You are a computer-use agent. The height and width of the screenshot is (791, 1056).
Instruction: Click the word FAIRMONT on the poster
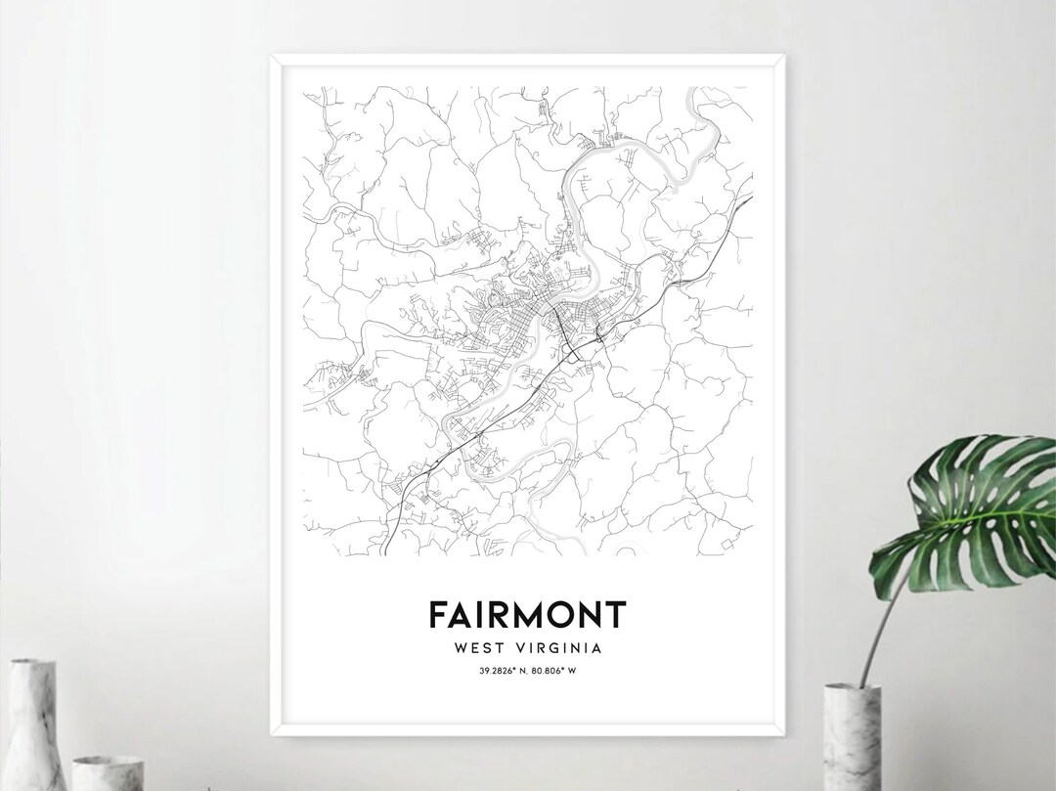click(x=527, y=615)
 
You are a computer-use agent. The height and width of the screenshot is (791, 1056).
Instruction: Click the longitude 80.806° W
click(x=553, y=670)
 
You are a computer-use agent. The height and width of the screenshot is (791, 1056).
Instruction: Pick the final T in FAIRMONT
click(x=615, y=615)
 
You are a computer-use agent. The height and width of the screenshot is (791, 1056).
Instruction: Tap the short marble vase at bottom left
click(x=108, y=772)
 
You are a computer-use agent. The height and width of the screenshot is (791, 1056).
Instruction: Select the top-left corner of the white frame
click(x=272, y=58)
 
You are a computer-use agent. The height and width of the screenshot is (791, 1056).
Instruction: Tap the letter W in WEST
click(x=461, y=647)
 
